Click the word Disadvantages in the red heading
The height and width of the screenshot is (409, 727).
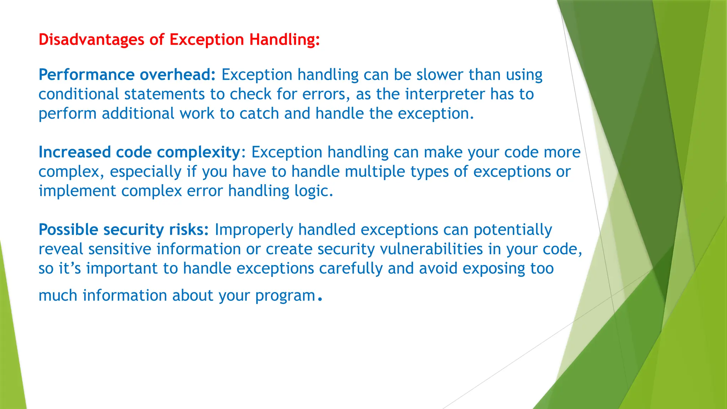point(91,39)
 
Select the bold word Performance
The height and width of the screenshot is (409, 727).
point(86,75)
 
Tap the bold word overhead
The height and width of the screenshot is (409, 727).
point(177,75)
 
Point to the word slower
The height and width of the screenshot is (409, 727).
point(439,75)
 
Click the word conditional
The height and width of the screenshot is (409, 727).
point(78,94)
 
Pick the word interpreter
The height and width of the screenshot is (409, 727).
point(445,94)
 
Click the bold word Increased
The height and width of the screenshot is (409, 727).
point(75,152)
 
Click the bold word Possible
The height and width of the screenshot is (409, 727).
point(68,230)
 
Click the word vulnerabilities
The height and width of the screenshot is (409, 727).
point(431,249)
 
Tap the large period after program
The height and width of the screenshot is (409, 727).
point(320,300)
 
